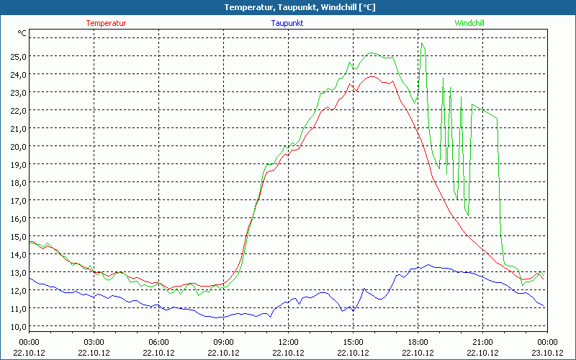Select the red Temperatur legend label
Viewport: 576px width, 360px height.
[107, 23]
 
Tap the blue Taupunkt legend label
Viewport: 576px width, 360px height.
[287, 23]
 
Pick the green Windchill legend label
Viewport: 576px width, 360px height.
[469, 23]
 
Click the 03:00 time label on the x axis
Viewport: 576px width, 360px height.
[94, 341]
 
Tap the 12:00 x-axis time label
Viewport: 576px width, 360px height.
[288, 341]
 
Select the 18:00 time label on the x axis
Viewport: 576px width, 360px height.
[418, 341]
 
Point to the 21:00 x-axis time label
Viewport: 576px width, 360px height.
[482, 341]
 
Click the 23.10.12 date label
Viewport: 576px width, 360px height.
[547, 352]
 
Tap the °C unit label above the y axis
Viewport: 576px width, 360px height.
[22, 33]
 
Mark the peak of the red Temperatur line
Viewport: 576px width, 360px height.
[372, 76]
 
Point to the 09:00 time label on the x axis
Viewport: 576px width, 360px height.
[223, 341]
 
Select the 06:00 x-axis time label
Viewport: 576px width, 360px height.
[159, 341]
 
